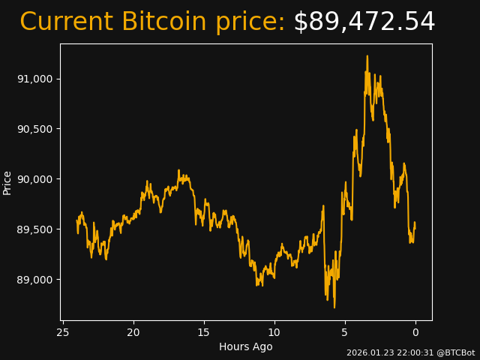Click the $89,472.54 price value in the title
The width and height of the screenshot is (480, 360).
click(364, 22)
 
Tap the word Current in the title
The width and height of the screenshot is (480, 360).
click(67, 22)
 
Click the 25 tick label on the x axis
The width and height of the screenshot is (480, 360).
click(63, 332)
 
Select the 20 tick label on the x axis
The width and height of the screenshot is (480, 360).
click(133, 332)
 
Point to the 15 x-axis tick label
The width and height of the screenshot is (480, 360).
click(204, 332)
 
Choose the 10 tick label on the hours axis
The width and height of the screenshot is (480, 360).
click(274, 332)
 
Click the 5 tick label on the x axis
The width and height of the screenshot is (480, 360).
click(345, 332)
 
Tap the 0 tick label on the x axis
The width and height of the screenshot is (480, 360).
click(415, 332)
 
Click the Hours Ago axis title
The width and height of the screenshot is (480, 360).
click(246, 346)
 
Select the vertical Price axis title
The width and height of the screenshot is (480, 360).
click(7, 182)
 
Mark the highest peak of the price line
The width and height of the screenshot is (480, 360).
click(367, 56)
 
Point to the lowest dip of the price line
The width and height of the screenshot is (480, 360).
click(334, 307)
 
